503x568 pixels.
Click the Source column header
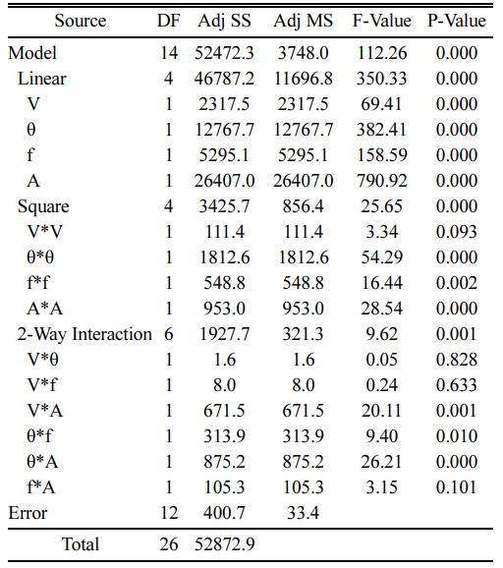point(81,21)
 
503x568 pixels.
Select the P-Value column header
point(457,21)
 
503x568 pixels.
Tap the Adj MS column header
point(304,22)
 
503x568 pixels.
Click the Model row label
point(32,53)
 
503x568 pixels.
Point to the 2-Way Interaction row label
point(84,334)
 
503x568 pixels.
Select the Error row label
point(28,513)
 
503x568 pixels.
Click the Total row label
point(80,544)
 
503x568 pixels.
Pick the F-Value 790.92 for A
point(382,181)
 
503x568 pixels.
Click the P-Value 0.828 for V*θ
point(457,360)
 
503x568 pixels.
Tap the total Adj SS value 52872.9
point(225,544)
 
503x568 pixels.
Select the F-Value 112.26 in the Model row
point(382,53)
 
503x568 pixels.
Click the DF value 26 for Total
point(169,544)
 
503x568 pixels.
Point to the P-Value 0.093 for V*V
point(457,232)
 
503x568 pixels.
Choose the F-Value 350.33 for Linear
point(382,79)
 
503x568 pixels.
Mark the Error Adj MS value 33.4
point(304,513)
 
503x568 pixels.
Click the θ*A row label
point(42,462)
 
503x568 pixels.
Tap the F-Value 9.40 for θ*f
point(382,436)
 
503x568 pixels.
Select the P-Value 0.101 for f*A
point(457,487)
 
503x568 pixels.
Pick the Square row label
point(43,206)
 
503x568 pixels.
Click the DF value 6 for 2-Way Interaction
point(169,334)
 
